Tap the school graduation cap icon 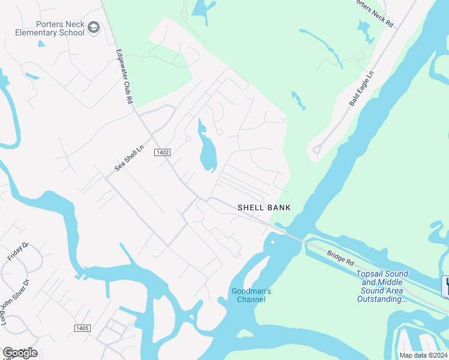click(93, 27)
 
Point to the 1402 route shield click(162, 152)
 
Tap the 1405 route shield click(82, 328)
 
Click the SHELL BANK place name click(264, 208)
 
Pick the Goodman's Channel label click(252, 295)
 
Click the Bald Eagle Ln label click(361, 88)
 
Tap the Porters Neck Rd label click(373, 13)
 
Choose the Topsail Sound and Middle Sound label click(382, 282)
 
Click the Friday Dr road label click(18, 251)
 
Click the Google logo click(20, 353)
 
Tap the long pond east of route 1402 click(207, 151)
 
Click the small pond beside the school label click(41, 43)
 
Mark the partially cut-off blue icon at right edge click(445, 286)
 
